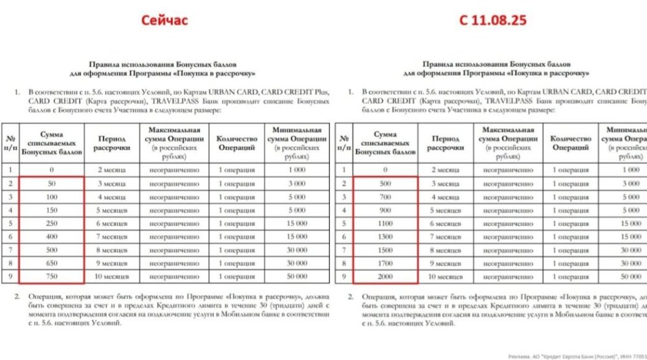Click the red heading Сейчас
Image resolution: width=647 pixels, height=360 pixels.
point(165,20)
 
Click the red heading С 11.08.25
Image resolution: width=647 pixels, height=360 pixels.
point(493,20)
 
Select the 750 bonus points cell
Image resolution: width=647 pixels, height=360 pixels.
point(51,276)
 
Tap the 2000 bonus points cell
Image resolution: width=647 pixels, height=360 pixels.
point(384,276)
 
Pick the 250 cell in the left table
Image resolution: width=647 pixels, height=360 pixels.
point(51,223)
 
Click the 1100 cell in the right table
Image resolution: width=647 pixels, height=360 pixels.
point(384,223)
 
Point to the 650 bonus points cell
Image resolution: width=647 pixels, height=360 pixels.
point(51,263)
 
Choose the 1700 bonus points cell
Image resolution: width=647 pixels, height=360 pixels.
point(384,263)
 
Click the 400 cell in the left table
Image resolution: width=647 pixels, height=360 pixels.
point(51,236)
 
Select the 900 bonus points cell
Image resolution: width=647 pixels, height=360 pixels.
point(384,210)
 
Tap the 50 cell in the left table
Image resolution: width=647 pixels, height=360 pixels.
point(51,183)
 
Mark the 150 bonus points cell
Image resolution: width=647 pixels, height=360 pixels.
point(51,210)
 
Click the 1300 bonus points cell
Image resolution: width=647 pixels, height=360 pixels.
point(384,236)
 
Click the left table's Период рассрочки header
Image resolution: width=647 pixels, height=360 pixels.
point(112,143)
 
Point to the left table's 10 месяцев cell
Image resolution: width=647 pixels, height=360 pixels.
point(112,276)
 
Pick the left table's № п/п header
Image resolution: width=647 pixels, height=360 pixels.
point(10,143)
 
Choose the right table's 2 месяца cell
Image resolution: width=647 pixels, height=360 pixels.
point(445,170)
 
